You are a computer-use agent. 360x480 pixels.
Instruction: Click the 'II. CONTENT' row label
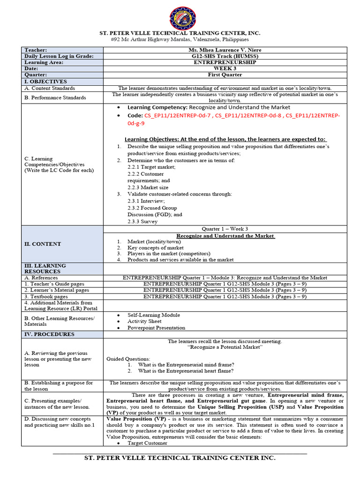click(43, 244)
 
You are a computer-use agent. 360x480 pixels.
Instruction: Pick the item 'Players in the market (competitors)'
click(171, 254)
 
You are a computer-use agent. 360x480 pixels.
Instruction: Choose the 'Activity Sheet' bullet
click(144, 322)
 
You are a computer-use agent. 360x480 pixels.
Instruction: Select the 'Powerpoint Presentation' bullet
click(156, 328)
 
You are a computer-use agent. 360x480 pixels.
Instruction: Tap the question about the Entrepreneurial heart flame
click(186, 371)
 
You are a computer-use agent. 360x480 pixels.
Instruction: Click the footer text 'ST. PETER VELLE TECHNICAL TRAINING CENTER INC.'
click(180, 458)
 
